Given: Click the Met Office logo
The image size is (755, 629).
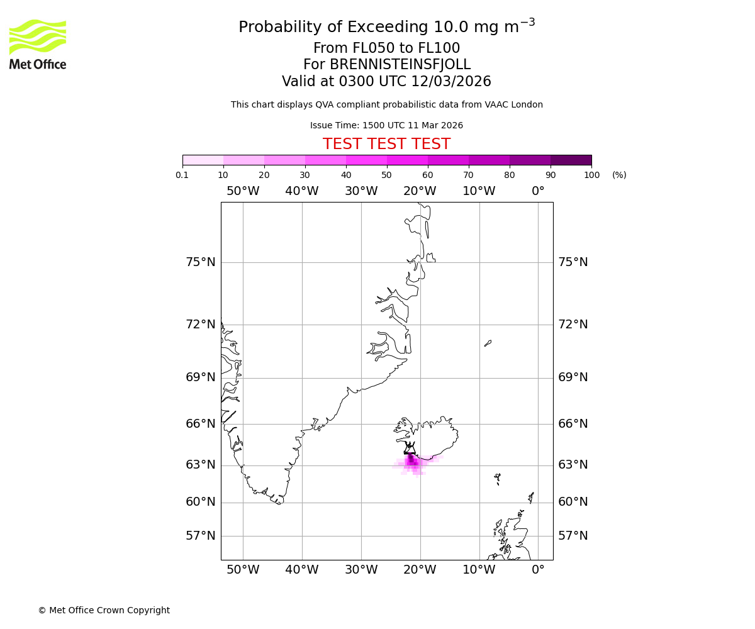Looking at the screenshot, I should pyautogui.click(x=38, y=44).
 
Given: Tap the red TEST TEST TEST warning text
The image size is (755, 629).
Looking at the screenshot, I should pyautogui.click(x=386, y=144).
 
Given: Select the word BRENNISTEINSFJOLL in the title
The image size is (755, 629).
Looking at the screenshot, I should pyautogui.click(x=400, y=65).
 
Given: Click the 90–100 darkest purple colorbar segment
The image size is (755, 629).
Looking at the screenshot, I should pyautogui.click(x=571, y=160).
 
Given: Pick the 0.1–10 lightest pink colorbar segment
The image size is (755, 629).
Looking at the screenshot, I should pyautogui.click(x=203, y=160).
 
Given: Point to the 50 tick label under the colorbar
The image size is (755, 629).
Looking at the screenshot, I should pyautogui.click(x=386, y=175).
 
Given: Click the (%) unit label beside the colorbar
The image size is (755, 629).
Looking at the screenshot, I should pyautogui.click(x=619, y=175).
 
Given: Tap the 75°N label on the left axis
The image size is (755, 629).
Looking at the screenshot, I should pyautogui.click(x=200, y=262).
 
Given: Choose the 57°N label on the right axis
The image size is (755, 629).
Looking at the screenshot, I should pyautogui.click(x=573, y=536).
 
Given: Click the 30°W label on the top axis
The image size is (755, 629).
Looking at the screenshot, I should pyautogui.click(x=361, y=191).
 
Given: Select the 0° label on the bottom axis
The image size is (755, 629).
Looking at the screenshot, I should pyautogui.click(x=538, y=570).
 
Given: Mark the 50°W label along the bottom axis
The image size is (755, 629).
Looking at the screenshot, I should pyautogui.click(x=243, y=570).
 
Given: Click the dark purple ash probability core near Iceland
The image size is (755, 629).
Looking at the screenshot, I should pyautogui.click(x=411, y=460).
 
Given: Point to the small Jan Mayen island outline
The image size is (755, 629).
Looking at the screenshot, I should pyautogui.click(x=488, y=343).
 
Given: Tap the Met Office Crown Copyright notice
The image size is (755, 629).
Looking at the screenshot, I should pyautogui.click(x=104, y=610).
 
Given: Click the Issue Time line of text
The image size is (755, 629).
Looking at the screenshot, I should pyautogui.click(x=386, y=125).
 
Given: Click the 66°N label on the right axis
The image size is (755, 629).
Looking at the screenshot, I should pyautogui.click(x=573, y=424).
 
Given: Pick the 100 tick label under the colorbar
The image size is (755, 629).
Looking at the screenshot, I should pyautogui.click(x=591, y=175).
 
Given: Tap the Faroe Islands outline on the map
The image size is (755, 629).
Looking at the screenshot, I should pyautogui.click(x=497, y=479).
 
